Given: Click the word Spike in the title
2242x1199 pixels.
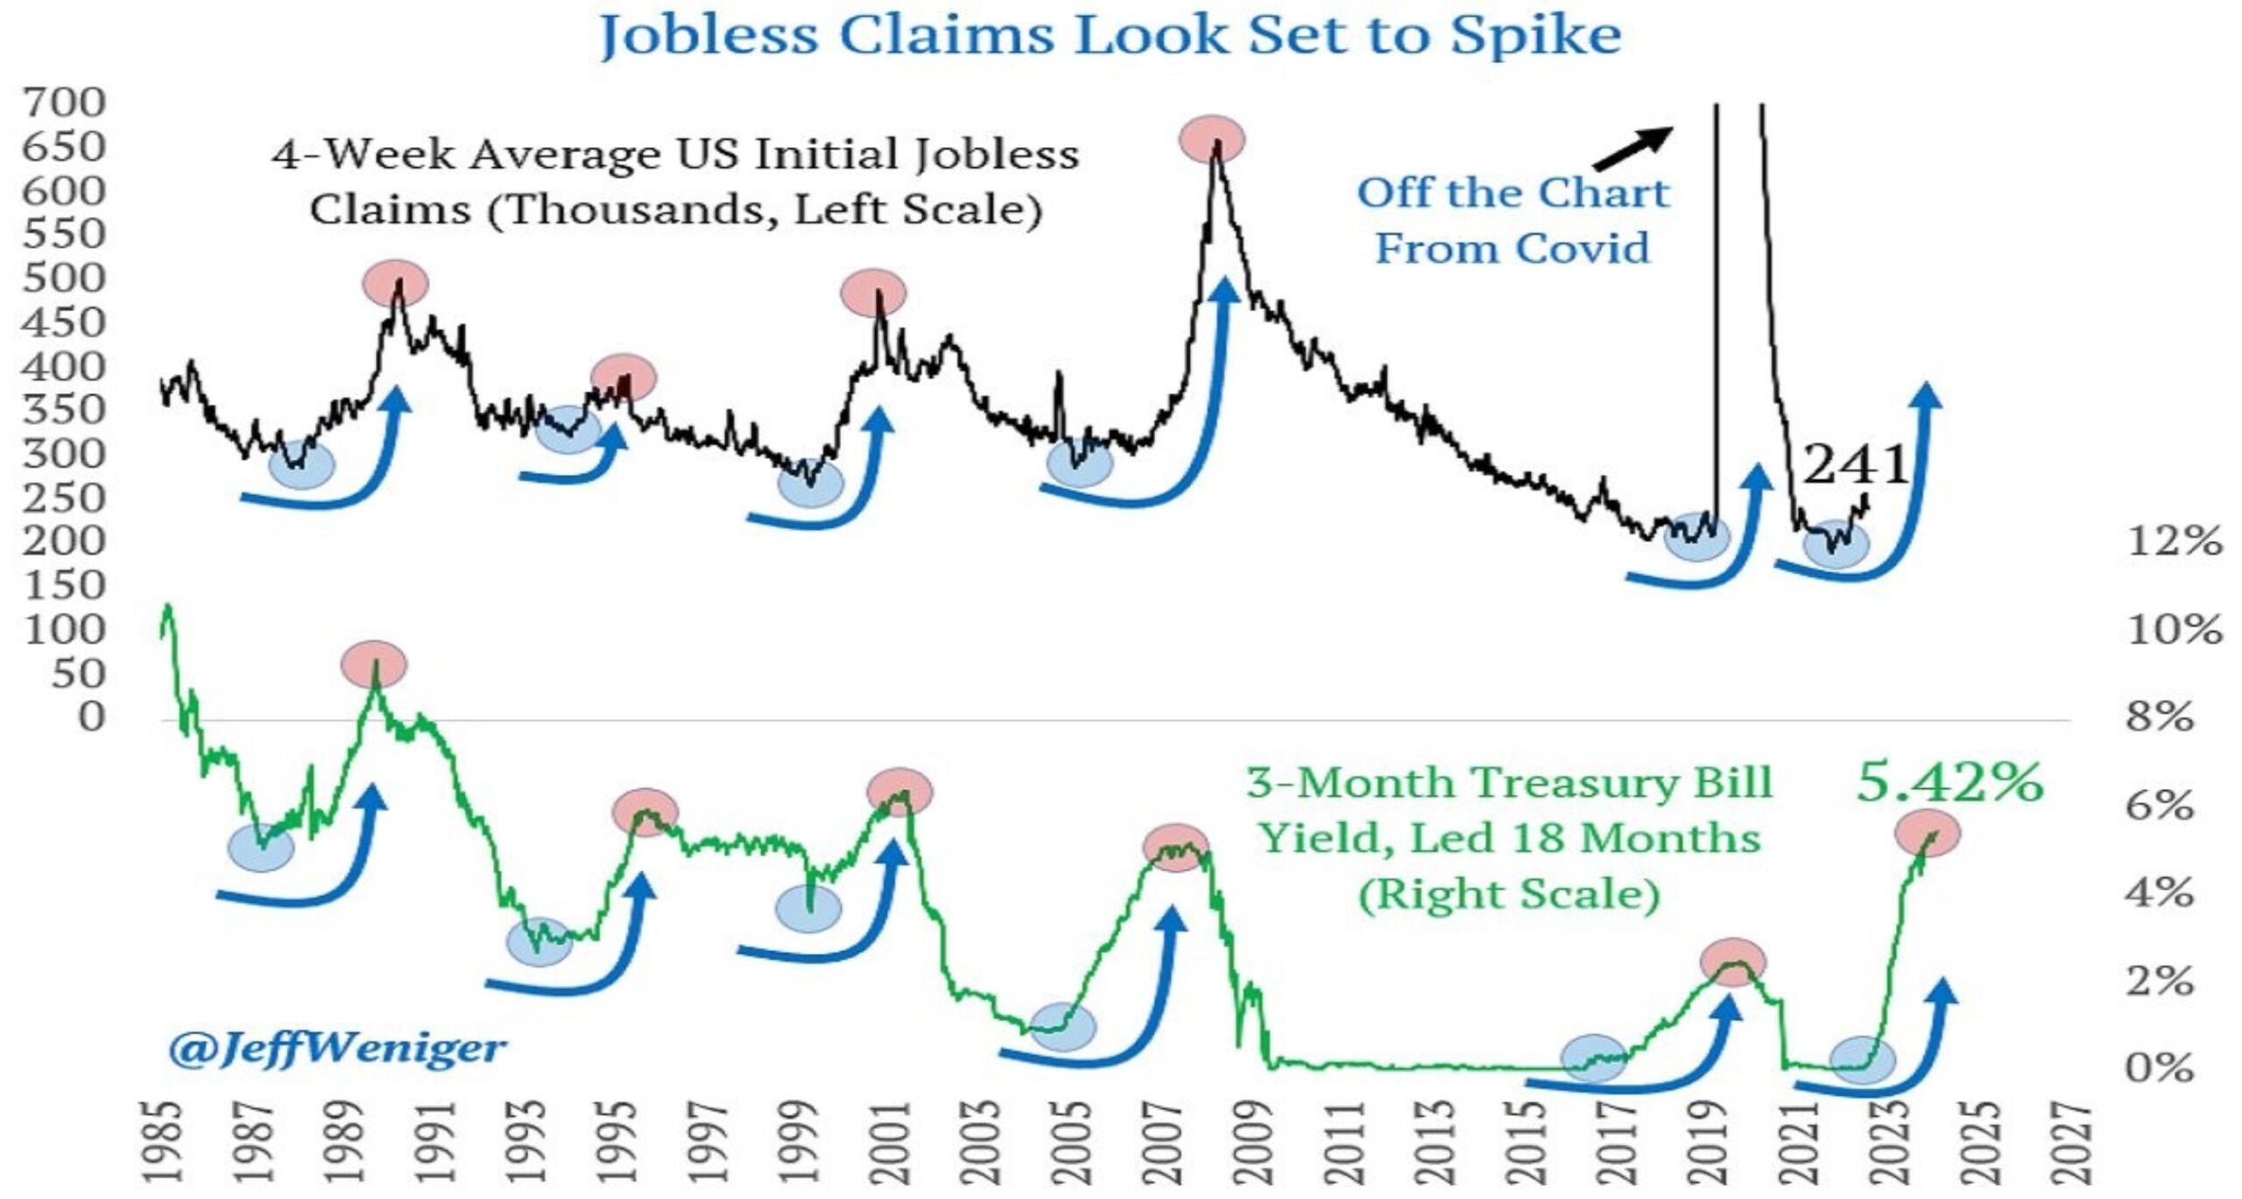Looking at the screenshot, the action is pos(1534,37).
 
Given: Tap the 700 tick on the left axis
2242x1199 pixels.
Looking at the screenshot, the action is pos(64,102).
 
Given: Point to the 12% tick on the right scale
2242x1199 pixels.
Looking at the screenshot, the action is pos(2175,541).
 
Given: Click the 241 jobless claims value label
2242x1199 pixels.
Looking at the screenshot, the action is pos(1855,464).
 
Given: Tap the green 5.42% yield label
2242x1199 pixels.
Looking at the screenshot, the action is pos(1949,782).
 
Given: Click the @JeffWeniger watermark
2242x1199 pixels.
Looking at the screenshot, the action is pos(337,1047).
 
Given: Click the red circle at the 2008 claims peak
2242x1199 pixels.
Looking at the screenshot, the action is pos(1212,139).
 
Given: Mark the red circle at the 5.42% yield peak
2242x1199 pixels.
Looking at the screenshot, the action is pos(1928,833).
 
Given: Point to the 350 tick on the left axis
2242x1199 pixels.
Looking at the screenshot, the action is pos(64,410).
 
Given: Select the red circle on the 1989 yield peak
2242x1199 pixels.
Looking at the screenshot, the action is pos(374,663).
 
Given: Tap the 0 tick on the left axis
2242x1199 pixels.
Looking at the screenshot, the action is pos(92,717).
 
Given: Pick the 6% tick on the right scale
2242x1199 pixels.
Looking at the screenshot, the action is pos(2160,805).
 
